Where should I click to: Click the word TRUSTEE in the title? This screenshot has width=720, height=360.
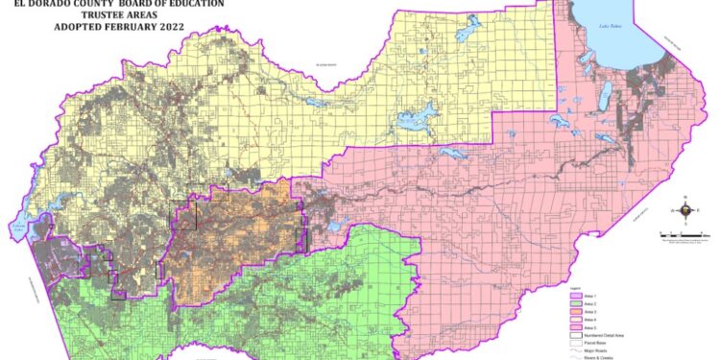[84, 15]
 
